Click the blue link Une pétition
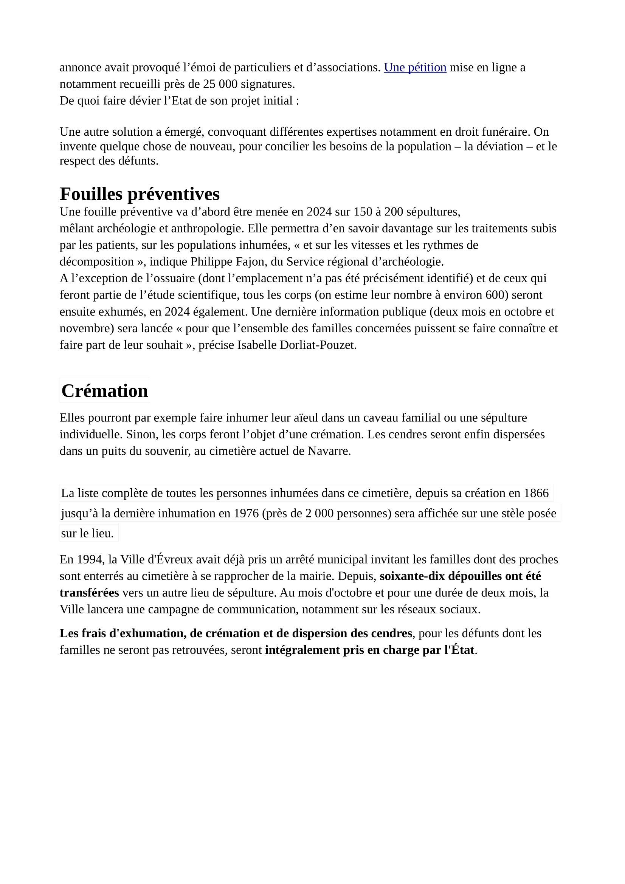[x=415, y=67]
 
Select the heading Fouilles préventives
[x=140, y=194]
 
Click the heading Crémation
[x=104, y=391]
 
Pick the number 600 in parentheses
[x=496, y=295]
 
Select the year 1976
[x=246, y=514]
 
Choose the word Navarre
[x=328, y=451]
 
